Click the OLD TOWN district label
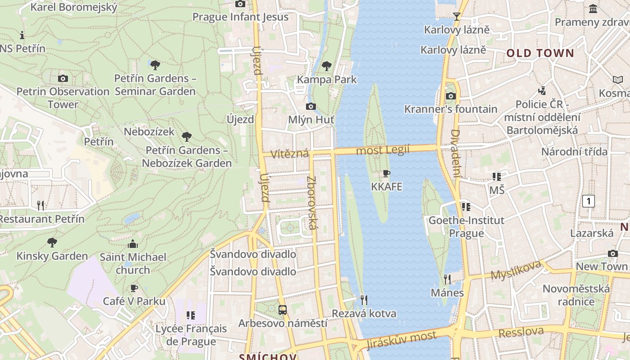(540, 53)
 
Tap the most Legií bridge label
(382, 150)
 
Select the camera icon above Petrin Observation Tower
(63, 78)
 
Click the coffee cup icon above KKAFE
(386, 174)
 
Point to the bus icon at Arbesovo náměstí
(283, 310)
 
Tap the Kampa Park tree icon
(327, 66)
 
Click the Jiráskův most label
(401, 340)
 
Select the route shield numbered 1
(589, 201)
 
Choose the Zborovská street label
(312, 202)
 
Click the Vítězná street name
(290, 153)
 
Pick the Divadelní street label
(455, 153)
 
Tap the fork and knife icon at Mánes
(447, 279)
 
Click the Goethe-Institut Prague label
(466, 227)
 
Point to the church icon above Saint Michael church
(133, 244)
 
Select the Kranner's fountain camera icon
(450, 96)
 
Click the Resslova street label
(521, 332)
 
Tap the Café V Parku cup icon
(134, 288)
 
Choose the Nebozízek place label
(149, 132)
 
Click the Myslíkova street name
(516, 270)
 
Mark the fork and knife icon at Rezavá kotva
(364, 300)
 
